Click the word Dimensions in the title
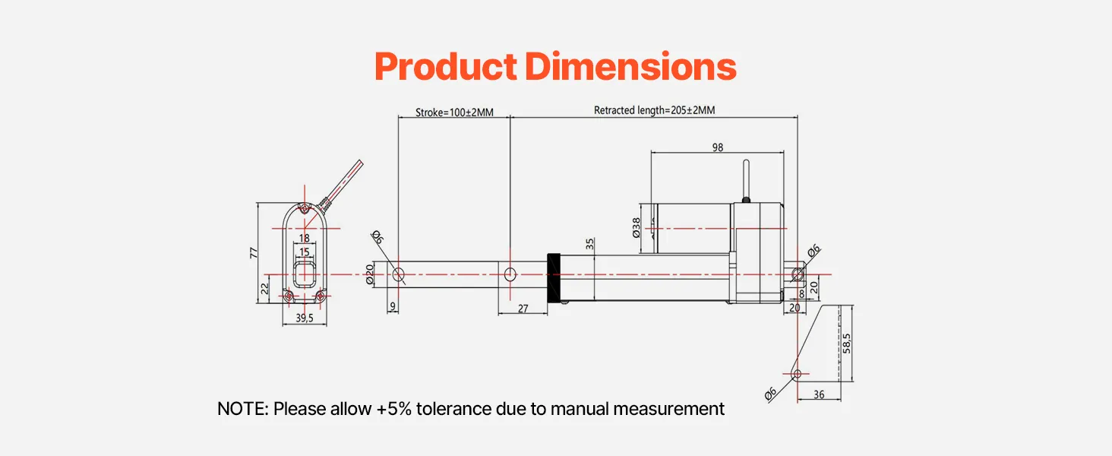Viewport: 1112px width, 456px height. click(630, 67)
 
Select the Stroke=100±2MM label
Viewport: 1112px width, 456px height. click(454, 112)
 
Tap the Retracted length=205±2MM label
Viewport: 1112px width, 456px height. click(654, 110)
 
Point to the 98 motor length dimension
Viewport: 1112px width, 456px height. click(718, 147)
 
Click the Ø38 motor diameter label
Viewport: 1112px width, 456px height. click(637, 228)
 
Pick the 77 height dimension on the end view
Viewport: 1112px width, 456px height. click(254, 252)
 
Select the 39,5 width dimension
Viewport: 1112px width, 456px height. click(304, 318)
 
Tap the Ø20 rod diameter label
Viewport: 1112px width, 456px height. click(370, 274)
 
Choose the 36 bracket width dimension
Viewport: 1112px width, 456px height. click(819, 394)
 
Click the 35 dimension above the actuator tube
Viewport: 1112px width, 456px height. click(590, 243)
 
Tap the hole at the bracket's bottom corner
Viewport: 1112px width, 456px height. click(798, 374)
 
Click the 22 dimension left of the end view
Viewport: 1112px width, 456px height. click(264, 287)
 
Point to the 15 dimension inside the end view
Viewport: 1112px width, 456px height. click(304, 252)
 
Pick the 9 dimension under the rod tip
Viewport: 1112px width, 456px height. click(392, 306)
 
